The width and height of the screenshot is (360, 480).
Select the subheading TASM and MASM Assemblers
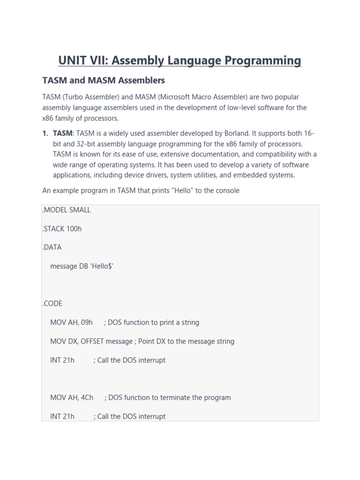[x=104, y=80]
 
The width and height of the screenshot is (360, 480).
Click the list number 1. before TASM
[x=45, y=134]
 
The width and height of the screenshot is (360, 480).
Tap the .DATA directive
[x=52, y=247]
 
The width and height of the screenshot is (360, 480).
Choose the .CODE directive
[x=52, y=304]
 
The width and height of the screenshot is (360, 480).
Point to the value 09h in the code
[x=87, y=322]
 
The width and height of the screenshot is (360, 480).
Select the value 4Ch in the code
[x=87, y=397]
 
